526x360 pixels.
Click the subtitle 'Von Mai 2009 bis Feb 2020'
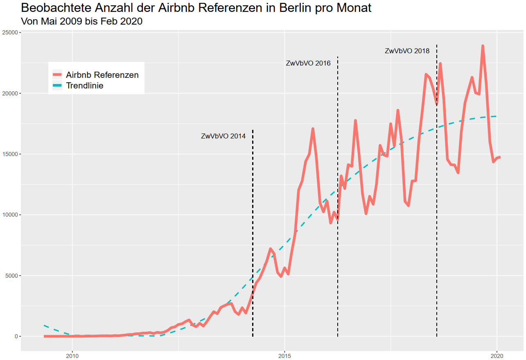(81, 21)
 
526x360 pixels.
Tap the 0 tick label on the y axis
(16, 336)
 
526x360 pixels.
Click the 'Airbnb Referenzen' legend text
(102, 75)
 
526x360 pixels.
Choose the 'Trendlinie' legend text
(84, 86)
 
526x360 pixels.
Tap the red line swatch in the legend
(57, 75)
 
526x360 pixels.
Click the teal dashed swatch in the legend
(57, 86)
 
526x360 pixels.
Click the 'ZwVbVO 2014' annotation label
(223, 136)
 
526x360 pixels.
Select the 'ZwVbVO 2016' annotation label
(308, 63)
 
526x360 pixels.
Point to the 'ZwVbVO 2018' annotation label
(407, 51)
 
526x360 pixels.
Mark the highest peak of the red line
(483, 46)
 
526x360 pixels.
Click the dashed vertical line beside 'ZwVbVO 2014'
(253, 233)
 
